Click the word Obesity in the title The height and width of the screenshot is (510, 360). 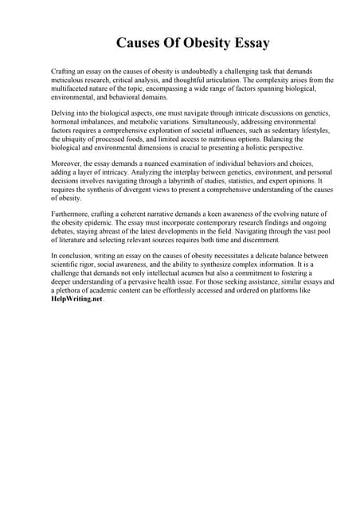click(189, 43)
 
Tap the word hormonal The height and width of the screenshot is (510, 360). click(65, 122)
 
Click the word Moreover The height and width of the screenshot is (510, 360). click(67, 163)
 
